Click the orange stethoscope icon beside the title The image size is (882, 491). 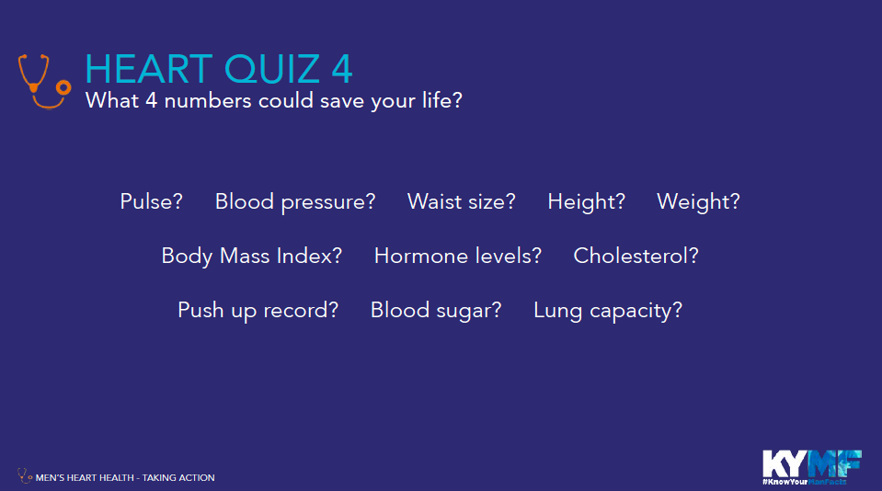[x=34, y=87]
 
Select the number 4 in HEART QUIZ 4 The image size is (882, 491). [x=342, y=69]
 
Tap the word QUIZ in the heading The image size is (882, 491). [x=272, y=70]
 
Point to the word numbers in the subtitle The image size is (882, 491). [x=208, y=101]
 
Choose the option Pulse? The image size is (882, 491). [x=152, y=201]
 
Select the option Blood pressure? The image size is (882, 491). [x=295, y=202]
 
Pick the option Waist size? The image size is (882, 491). [x=462, y=201]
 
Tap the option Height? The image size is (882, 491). [x=586, y=202]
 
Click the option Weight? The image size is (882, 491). [x=698, y=202]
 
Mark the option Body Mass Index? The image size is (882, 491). [x=251, y=257]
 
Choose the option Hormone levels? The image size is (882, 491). [x=457, y=256]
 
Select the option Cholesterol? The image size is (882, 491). [x=636, y=256]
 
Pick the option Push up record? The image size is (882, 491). [x=258, y=311]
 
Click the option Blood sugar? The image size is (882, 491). [x=435, y=311]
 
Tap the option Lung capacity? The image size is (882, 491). [x=608, y=311]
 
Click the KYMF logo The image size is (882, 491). [x=812, y=467]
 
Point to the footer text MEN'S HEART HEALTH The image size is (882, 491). [x=85, y=477]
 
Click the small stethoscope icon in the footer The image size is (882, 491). [x=24, y=475]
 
